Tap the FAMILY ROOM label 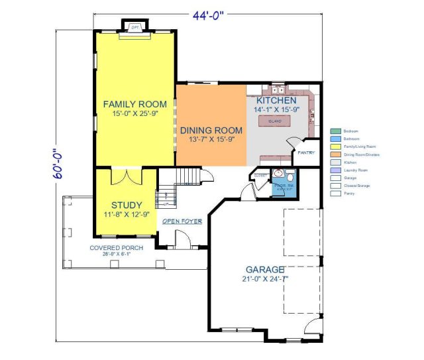[x=134, y=105]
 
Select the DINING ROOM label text [x=211, y=130]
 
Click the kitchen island [x=275, y=121]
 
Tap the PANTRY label [x=305, y=152]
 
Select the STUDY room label [x=126, y=205]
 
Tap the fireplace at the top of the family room [x=134, y=27]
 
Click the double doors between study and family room [x=126, y=178]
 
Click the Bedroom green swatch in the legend [x=336, y=131]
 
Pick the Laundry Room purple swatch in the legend [x=336, y=170]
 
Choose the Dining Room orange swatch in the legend [x=336, y=154]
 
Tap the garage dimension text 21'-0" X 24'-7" [x=265, y=279]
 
